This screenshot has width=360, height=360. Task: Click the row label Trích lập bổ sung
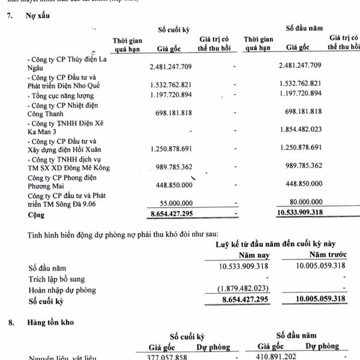click(57, 279)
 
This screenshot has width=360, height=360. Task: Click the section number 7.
click(9, 16)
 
